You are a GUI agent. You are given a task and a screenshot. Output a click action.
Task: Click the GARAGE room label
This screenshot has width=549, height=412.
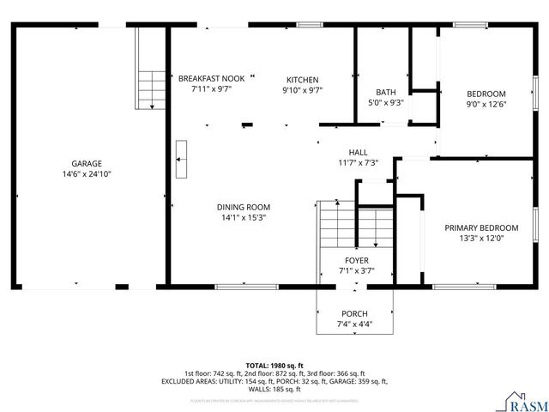tap(87, 163)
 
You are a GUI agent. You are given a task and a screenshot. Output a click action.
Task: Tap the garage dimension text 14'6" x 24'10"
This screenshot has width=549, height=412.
tap(87, 173)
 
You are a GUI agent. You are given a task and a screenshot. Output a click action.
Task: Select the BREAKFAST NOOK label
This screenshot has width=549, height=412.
tap(211, 78)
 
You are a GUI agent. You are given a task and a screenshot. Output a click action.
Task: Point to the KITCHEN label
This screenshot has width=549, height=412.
tap(302, 78)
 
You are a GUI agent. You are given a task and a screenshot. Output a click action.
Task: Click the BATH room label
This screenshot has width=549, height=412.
tap(385, 93)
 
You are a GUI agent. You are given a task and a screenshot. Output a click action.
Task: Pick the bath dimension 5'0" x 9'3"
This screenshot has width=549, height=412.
tap(385, 103)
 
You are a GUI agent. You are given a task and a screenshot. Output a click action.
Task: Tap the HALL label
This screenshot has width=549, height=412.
tap(358, 152)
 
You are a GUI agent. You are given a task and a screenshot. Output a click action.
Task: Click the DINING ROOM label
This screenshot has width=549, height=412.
tap(244, 207)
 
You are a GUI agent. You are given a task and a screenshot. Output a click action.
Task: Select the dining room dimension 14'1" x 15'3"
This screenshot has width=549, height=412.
tap(244, 217)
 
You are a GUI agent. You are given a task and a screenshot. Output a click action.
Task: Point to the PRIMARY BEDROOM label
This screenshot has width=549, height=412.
tap(480, 227)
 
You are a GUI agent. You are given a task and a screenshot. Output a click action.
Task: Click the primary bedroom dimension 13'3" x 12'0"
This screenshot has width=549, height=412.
tap(480, 238)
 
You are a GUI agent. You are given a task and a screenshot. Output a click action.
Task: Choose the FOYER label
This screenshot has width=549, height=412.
tap(356, 260)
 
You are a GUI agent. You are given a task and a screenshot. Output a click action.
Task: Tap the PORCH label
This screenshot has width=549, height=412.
tap(354, 313)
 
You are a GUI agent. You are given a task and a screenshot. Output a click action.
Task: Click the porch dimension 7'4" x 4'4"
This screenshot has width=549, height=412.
tap(354, 324)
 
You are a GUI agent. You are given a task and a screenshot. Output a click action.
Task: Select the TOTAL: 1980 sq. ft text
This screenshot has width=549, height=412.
tap(274, 365)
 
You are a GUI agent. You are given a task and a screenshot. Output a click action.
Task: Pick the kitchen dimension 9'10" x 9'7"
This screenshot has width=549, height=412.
tap(302, 88)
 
